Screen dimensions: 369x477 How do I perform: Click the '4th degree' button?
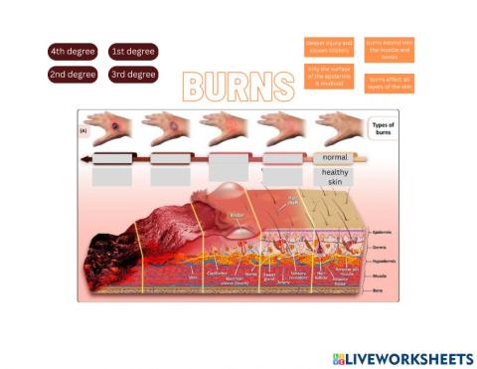click(73, 52)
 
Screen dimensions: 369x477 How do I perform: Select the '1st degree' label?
click(133, 52)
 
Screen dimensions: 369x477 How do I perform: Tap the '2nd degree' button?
click(73, 75)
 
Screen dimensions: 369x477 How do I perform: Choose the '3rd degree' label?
click(133, 75)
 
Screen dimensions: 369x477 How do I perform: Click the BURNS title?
click(238, 86)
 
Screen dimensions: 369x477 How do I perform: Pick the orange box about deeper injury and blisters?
click(328, 47)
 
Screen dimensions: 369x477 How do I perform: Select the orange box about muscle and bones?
click(389, 47)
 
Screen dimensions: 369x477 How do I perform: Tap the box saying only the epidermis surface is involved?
click(328, 76)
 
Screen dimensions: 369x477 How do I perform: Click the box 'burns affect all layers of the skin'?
click(389, 82)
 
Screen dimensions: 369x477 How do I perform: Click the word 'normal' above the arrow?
click(335, 158)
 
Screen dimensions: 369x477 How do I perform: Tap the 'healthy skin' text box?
click(335, 177)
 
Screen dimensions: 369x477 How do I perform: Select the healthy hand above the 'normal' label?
click(338, 126)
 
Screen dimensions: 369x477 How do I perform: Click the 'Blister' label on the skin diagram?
click(237, 215)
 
